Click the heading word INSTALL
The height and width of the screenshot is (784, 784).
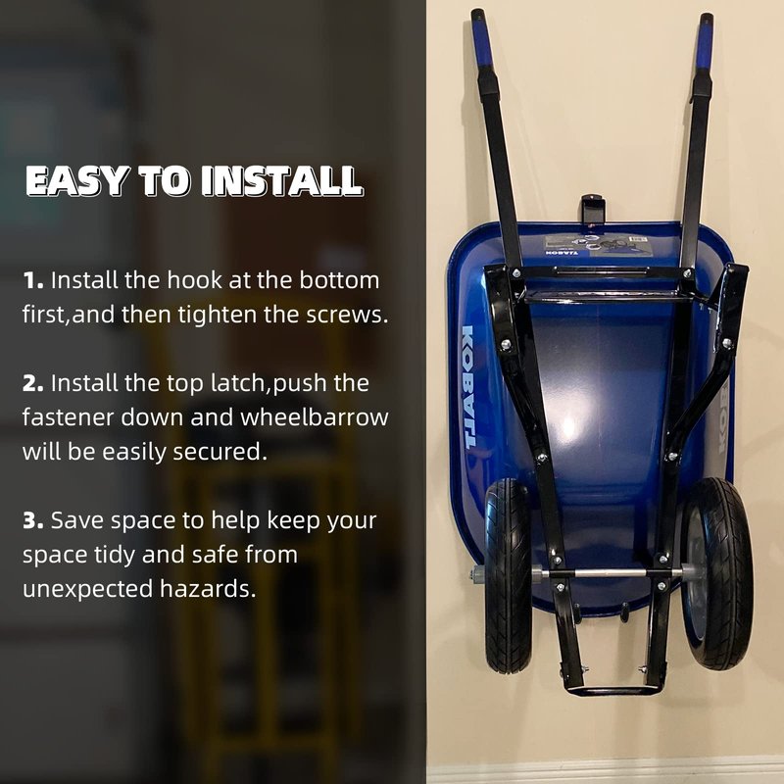[281, 180]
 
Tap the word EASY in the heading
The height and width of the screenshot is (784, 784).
[75, 180]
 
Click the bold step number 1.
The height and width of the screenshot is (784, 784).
[32, 280]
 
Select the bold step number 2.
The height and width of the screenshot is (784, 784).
[33, 383]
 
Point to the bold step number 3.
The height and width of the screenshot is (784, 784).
[33, 520]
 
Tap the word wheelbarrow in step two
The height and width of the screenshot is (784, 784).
[315, 417]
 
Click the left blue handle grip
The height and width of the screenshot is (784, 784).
[482, 42]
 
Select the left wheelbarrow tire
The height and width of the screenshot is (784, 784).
[507, 575]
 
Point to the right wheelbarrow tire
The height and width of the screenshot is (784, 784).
[717, 573]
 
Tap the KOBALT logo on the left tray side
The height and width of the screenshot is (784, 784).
[468, 386]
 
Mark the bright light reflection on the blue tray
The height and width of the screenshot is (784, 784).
[568, 426]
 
